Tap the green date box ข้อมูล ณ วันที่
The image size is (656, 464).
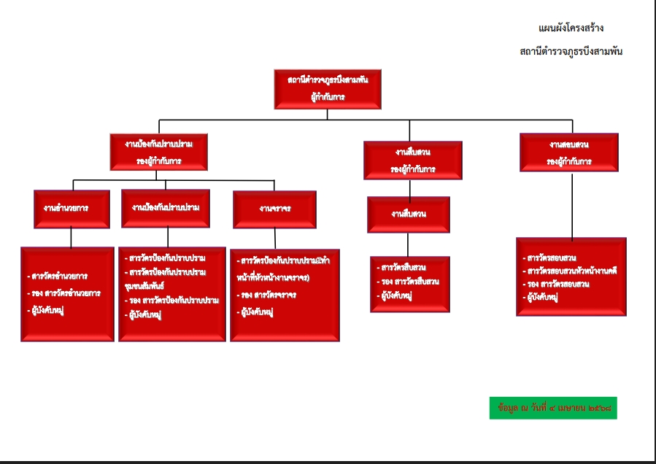[552, 408]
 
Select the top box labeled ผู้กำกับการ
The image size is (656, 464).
[328, 88]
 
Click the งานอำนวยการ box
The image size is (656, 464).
[72, 209]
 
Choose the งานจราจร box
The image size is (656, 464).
[274, 209]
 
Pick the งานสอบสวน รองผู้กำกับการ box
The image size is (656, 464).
[569, 152]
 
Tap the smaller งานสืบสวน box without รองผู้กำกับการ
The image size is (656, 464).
[409, 214]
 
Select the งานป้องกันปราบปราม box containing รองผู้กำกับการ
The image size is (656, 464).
[158, 152]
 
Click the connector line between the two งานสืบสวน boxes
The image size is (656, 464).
[409, 188]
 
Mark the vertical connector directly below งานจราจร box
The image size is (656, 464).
[274, 239]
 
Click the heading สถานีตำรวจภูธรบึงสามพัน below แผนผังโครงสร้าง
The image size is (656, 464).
[571, 52]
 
